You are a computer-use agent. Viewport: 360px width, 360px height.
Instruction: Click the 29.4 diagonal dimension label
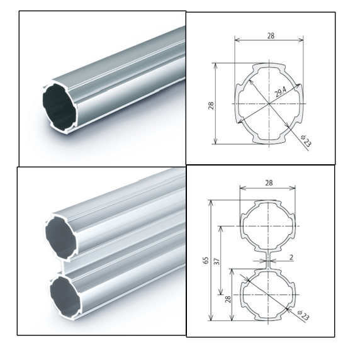280,92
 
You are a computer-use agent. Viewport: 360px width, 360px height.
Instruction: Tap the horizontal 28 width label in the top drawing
271,36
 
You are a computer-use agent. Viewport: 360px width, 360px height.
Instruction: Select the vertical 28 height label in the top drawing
211,106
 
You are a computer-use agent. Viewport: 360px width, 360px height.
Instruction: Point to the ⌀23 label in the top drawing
306,141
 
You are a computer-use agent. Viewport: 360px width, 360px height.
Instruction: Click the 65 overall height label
206,260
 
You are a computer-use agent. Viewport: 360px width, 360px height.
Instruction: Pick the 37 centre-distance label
217,261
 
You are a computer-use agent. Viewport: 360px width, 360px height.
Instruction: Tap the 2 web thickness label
291,257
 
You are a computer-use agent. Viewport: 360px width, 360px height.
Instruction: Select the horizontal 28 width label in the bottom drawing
269,183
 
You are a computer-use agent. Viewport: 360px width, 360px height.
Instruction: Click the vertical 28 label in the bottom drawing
228,299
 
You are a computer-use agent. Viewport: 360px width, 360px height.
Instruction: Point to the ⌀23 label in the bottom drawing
303,315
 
